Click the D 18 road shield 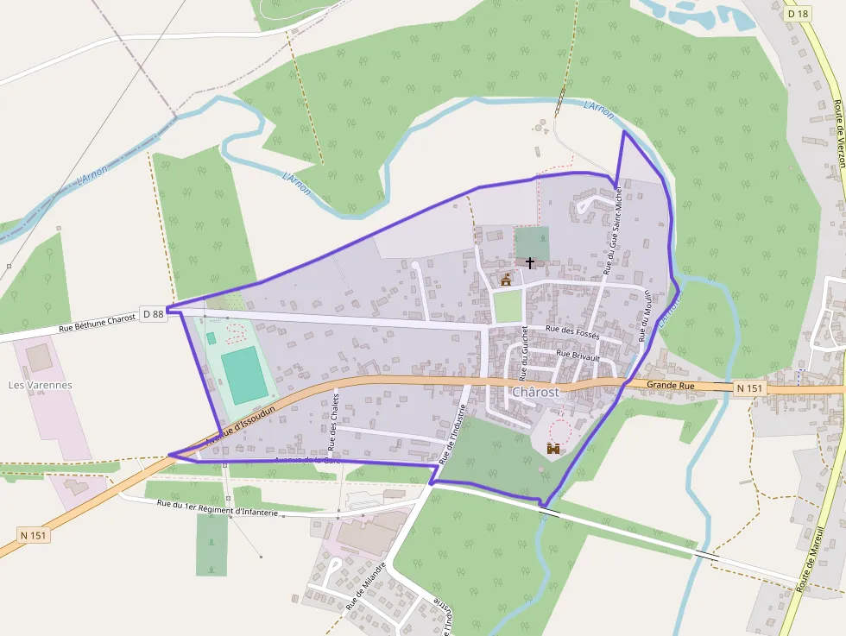798,14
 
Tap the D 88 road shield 153,314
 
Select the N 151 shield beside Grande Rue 750,389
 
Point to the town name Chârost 535,392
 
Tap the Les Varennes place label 40,385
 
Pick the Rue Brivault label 578,353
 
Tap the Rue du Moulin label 643,316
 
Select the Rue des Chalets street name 333,422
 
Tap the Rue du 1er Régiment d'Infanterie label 218,507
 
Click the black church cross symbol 529,261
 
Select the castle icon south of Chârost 553,448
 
